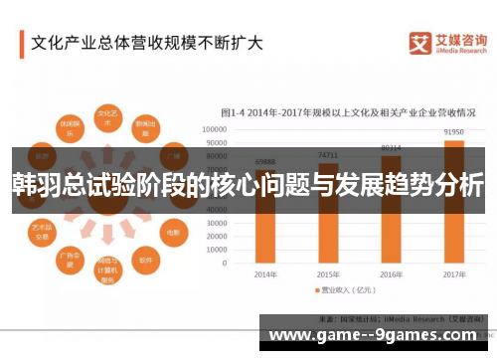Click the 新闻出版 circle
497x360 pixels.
click(x=145, y=129)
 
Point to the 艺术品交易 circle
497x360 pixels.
click(x=43, y=232)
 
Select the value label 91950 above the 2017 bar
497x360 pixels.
click(x=453, y=131)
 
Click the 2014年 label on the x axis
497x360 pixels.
click(x=264, y=273)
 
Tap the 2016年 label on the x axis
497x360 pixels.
click(x=391, y=273)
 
